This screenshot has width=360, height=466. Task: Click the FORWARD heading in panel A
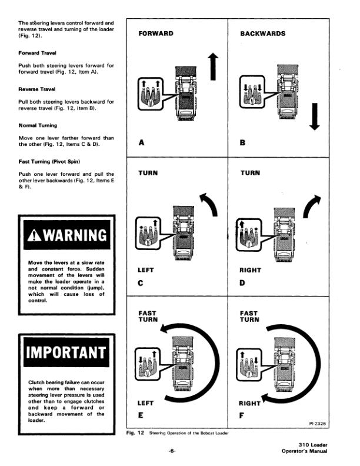point(156,34)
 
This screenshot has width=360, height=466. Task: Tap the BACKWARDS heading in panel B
point(263,34)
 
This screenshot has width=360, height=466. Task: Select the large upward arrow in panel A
point(213,66)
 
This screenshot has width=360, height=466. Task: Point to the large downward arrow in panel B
point(315,116)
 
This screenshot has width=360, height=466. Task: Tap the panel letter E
point(141,415)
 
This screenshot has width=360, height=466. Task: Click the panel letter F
point(242,415)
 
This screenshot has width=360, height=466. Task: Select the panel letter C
point(141,283)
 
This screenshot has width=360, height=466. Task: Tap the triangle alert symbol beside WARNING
point(34,235)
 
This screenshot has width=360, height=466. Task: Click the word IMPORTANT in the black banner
point(66,352)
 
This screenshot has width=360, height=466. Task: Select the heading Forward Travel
point(37,53)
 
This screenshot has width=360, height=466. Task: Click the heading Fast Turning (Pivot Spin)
point(49,162)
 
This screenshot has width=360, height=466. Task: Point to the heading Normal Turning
point(38,125)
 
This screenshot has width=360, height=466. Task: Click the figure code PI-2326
point(318,424)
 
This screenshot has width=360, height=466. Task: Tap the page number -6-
point(172,451)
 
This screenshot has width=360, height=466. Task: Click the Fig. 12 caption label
point(135,432)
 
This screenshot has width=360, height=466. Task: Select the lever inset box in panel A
point(151,94)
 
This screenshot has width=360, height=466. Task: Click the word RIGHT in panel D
point(251,270)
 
